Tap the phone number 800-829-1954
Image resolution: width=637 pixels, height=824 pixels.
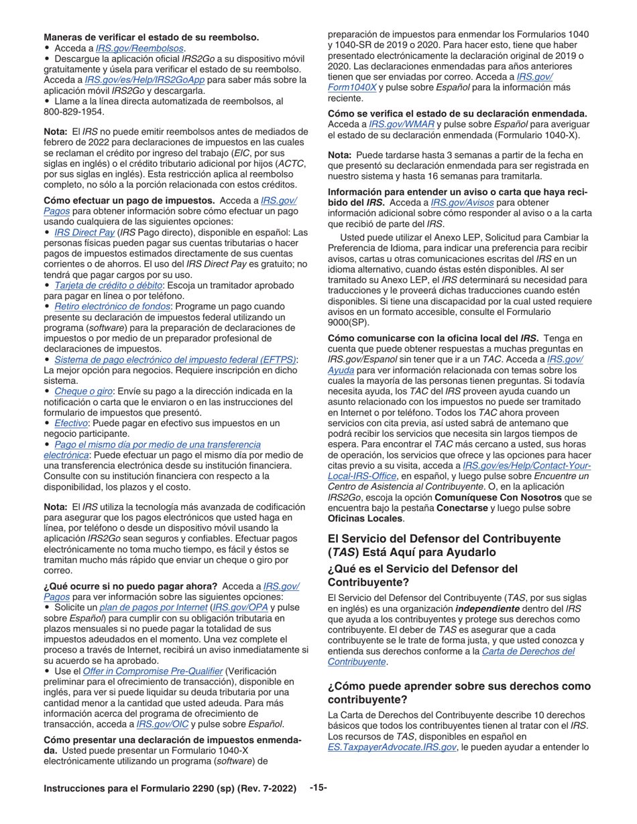74,111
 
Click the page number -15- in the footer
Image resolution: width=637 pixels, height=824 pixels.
318,788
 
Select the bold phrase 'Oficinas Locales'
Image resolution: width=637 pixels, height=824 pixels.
365,519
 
